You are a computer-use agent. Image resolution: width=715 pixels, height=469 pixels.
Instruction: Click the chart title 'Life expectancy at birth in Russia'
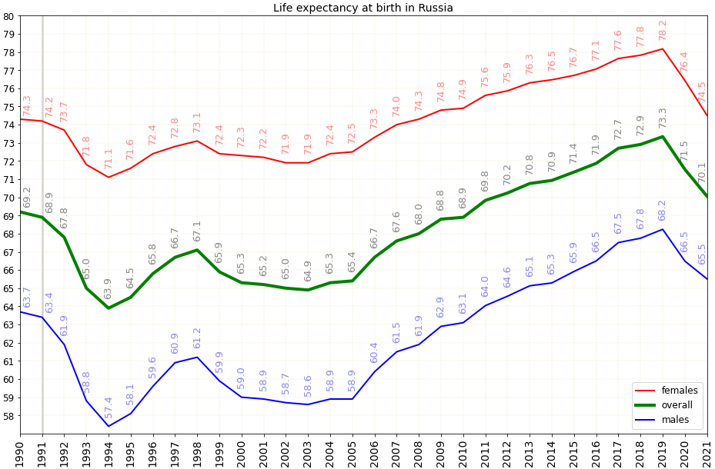tap(363, 8)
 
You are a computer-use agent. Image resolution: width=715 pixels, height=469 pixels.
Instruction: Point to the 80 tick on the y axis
tap(8, 16)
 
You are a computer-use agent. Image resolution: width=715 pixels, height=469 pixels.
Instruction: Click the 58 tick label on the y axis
tap(8, 416)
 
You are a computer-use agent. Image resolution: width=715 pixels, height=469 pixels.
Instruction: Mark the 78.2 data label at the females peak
tap(663, 31)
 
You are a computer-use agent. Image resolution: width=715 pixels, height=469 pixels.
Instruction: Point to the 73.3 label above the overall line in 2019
tap(663, 118)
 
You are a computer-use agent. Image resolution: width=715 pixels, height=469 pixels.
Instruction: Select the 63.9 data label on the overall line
tap(109, 289)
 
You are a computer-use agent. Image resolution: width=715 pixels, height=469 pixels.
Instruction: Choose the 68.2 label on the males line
tap(663, 211)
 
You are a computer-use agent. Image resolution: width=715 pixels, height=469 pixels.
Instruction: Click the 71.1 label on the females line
tap(109, 158)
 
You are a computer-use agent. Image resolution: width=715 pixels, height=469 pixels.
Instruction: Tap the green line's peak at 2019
tap(663, 136)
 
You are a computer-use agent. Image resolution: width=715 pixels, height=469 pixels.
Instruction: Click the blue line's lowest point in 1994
tap(109, 426)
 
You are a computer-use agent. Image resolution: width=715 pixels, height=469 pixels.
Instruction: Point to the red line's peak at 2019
tap(663, 48)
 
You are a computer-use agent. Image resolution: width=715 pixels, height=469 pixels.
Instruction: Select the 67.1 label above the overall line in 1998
tap(198, 231)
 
